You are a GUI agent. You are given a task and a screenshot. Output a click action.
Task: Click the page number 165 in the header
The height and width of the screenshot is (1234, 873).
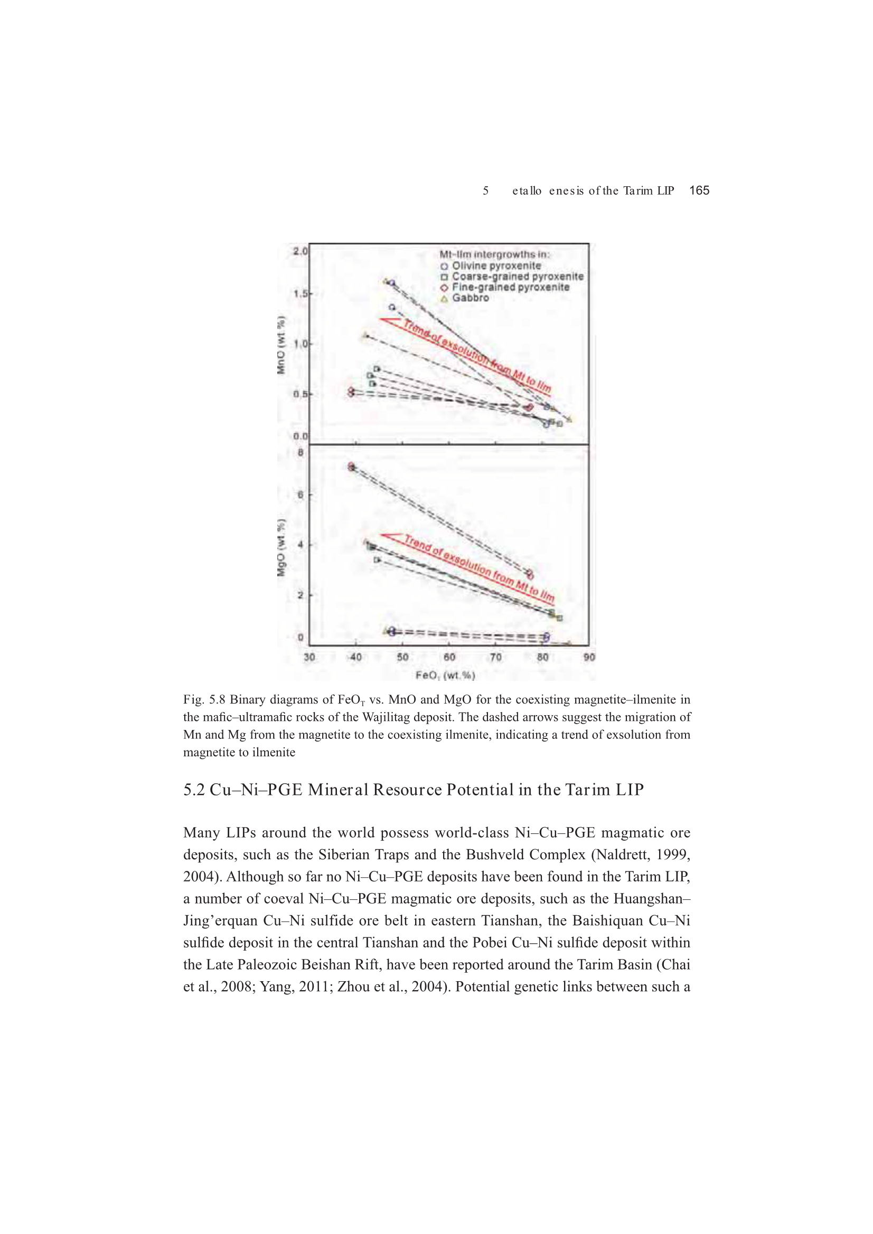point(699,190)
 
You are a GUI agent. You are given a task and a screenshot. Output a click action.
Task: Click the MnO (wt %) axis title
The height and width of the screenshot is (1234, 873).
point(281,345)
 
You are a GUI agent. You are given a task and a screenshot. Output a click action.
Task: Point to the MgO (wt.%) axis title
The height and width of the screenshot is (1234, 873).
point(281,548)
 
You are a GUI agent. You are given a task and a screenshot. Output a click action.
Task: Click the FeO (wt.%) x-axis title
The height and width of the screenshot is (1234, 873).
point(445,675)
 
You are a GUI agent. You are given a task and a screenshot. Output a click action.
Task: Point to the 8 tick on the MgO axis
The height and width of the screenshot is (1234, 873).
point(301,452)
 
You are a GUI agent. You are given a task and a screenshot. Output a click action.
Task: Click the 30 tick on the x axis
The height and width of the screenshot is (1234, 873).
point(309,657)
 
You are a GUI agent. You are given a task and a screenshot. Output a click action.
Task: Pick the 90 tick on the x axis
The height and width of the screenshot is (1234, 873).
point(589,657)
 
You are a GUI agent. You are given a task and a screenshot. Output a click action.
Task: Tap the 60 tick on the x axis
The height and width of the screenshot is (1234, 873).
point(449,657)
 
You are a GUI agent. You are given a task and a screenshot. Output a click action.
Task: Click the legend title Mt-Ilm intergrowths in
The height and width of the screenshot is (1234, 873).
point(495,255)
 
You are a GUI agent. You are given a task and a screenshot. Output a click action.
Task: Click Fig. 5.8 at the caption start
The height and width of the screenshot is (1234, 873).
point(204,700)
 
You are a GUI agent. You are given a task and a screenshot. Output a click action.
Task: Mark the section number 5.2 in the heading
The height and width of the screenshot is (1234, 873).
point(194,790)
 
